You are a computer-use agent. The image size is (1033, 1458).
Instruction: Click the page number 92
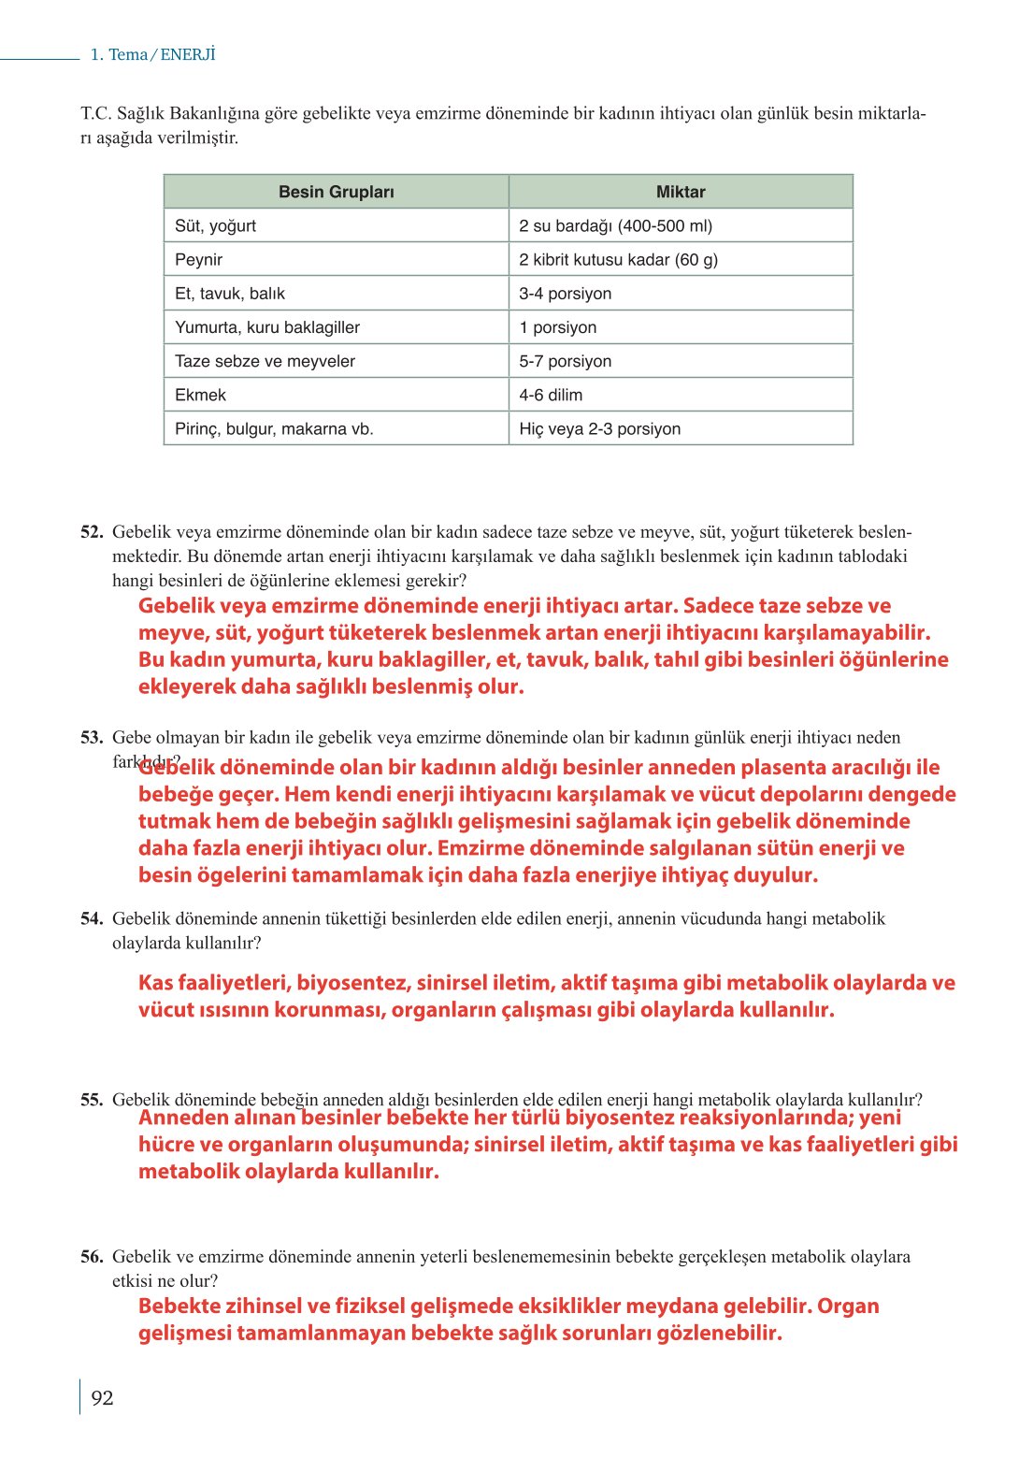pyautogui.click(x=102, y=1398)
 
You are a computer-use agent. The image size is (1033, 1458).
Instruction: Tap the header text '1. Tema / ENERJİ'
pyautogui.click(x=152, y=54)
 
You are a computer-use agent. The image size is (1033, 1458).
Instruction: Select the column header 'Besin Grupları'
pyautogui.click(x=336, y=192)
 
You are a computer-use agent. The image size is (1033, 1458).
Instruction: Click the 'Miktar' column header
pyautogui.click(x=680, y=192)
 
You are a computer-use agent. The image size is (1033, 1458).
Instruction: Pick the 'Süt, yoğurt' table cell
pyautogui.click(x=215, y=225)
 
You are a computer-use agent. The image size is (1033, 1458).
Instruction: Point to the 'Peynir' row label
pyautogui.click(x=198, y=259)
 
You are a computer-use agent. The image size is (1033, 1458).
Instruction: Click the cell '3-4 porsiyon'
pyautogui.click(x=565, y=294)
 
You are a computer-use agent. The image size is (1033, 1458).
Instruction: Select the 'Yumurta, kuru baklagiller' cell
pyautogui.click(x=266, y=327)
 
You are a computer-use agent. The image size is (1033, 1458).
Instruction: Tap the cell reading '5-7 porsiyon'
pyautogui.click(x=565, y=361)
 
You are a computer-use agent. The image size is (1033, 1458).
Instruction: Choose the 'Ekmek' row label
pyautogui.click(x=200, y=395)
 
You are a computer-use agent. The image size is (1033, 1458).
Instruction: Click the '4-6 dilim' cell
pyautogui.click(x=550, y=395)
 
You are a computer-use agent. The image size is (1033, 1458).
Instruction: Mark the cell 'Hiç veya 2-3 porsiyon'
pyautogui.click(x=599, y=428)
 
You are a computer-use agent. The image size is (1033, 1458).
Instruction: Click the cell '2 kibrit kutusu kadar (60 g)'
pyautogui.click(x=618, y=259)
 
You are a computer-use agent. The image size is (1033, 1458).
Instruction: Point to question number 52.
pyautogui.click(x=92, y=532)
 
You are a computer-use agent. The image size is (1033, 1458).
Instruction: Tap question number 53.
pyautogui.click(x=92, y=738)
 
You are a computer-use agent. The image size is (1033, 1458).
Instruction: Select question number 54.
pyautogui.click(x=92, y=919)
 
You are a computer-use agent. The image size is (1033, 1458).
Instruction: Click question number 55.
pyautogui.click(x=92, y=1100)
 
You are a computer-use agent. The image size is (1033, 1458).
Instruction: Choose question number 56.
pyautogui.click(x=92, y=1257)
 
